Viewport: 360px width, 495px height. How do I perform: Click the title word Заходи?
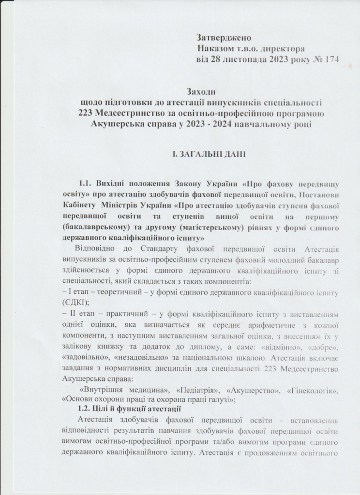(201, 91)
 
